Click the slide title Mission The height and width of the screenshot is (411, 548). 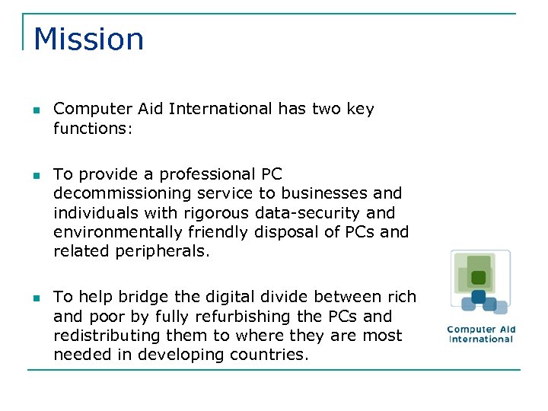pyautogui.click(x=89, y=40)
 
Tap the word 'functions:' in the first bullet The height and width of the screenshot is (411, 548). pyautogui.click(x=93, y=129)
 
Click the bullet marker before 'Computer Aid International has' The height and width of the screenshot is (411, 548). pyautogui.click(x=36, y=110)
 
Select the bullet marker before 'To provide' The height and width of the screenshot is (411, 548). pyautogui.click(x=36, y=175)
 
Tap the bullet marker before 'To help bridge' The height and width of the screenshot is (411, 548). pyautogui.click(x=36, y=298)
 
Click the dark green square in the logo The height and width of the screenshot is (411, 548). pyautogui.click(x=478, y=278)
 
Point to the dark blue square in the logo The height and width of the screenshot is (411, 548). pyautogui.click(x=478, y=297)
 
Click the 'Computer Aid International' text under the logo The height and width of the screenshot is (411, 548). pyautogui.click(x=481, y=334)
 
